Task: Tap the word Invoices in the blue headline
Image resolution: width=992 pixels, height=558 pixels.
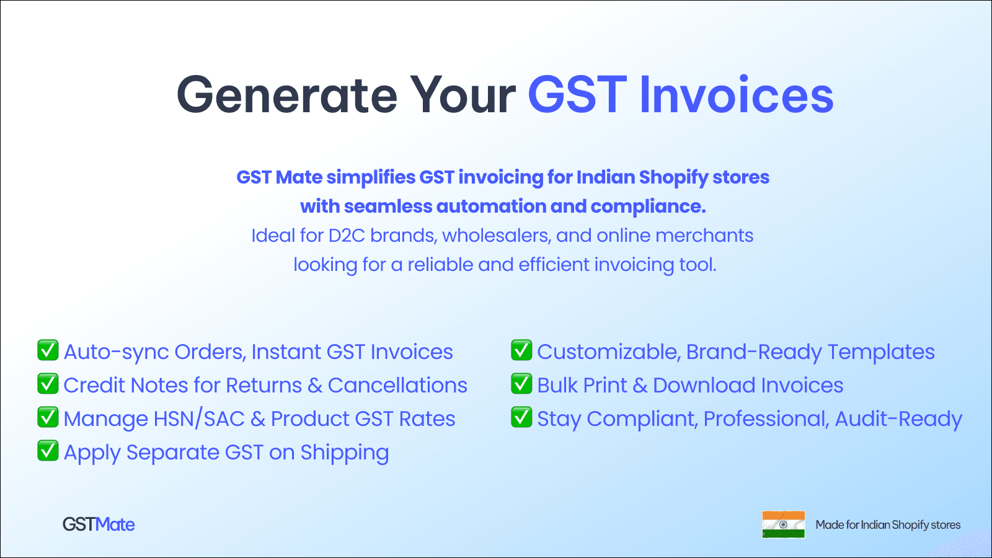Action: point(736,95)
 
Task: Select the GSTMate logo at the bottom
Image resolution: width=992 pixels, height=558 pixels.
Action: point(99,525)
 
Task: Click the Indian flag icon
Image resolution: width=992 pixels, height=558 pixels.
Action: point(783,525)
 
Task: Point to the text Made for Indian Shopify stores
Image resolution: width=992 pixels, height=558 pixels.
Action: point(888,525)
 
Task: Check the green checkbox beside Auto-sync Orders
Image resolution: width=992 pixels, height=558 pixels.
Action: point(48,351)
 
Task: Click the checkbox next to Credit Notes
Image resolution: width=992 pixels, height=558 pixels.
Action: point(48,384)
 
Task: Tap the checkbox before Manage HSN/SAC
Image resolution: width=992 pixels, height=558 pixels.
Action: point(48,418)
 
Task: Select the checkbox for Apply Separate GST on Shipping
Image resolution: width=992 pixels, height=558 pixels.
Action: point(48,451)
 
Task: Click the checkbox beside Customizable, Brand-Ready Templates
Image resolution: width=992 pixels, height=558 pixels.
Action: point(521,351)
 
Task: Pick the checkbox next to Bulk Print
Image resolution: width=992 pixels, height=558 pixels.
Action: point(521,384)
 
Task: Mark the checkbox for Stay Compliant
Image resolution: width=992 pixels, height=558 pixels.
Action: point(521,418)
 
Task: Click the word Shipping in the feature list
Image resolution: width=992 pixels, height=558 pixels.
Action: point(345,453)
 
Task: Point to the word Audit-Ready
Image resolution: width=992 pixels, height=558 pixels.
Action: point(898,420)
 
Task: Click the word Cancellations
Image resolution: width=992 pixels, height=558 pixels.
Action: point(397,386)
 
